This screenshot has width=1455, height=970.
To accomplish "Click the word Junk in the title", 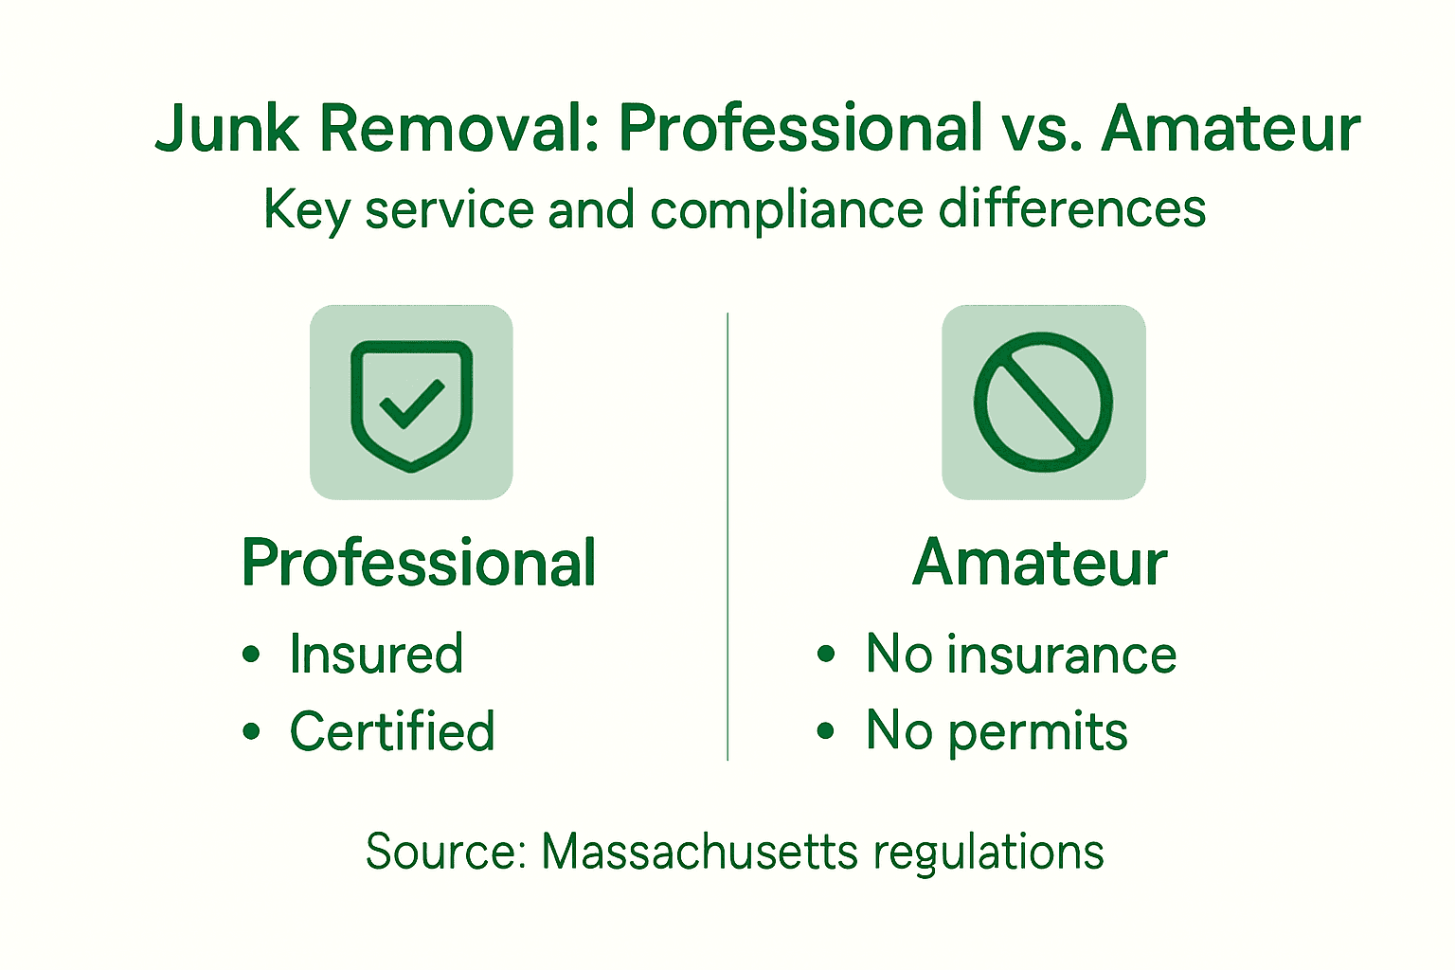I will (226, 129).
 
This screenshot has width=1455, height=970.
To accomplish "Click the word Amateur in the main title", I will (1230, 129).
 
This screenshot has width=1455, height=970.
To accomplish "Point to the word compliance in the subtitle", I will (786, 210).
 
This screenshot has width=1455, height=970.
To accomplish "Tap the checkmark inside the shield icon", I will (411, 403).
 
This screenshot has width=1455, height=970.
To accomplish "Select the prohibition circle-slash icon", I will (1043, 402).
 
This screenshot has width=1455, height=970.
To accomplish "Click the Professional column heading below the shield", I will (418, 563).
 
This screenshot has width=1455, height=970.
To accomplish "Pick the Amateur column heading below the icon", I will (1039, 563).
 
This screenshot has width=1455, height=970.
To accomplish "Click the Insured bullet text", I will (376, 654).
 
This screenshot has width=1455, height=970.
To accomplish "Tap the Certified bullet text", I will (391, 730).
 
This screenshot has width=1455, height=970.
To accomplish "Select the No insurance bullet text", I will (1020, 654).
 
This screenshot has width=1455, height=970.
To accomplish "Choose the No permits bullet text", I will (997, 730).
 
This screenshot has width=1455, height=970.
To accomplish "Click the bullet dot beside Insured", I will (251, 655).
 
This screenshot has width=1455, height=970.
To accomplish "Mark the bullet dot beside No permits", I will (826, 731).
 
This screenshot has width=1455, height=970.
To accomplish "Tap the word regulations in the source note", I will (988, 853).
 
